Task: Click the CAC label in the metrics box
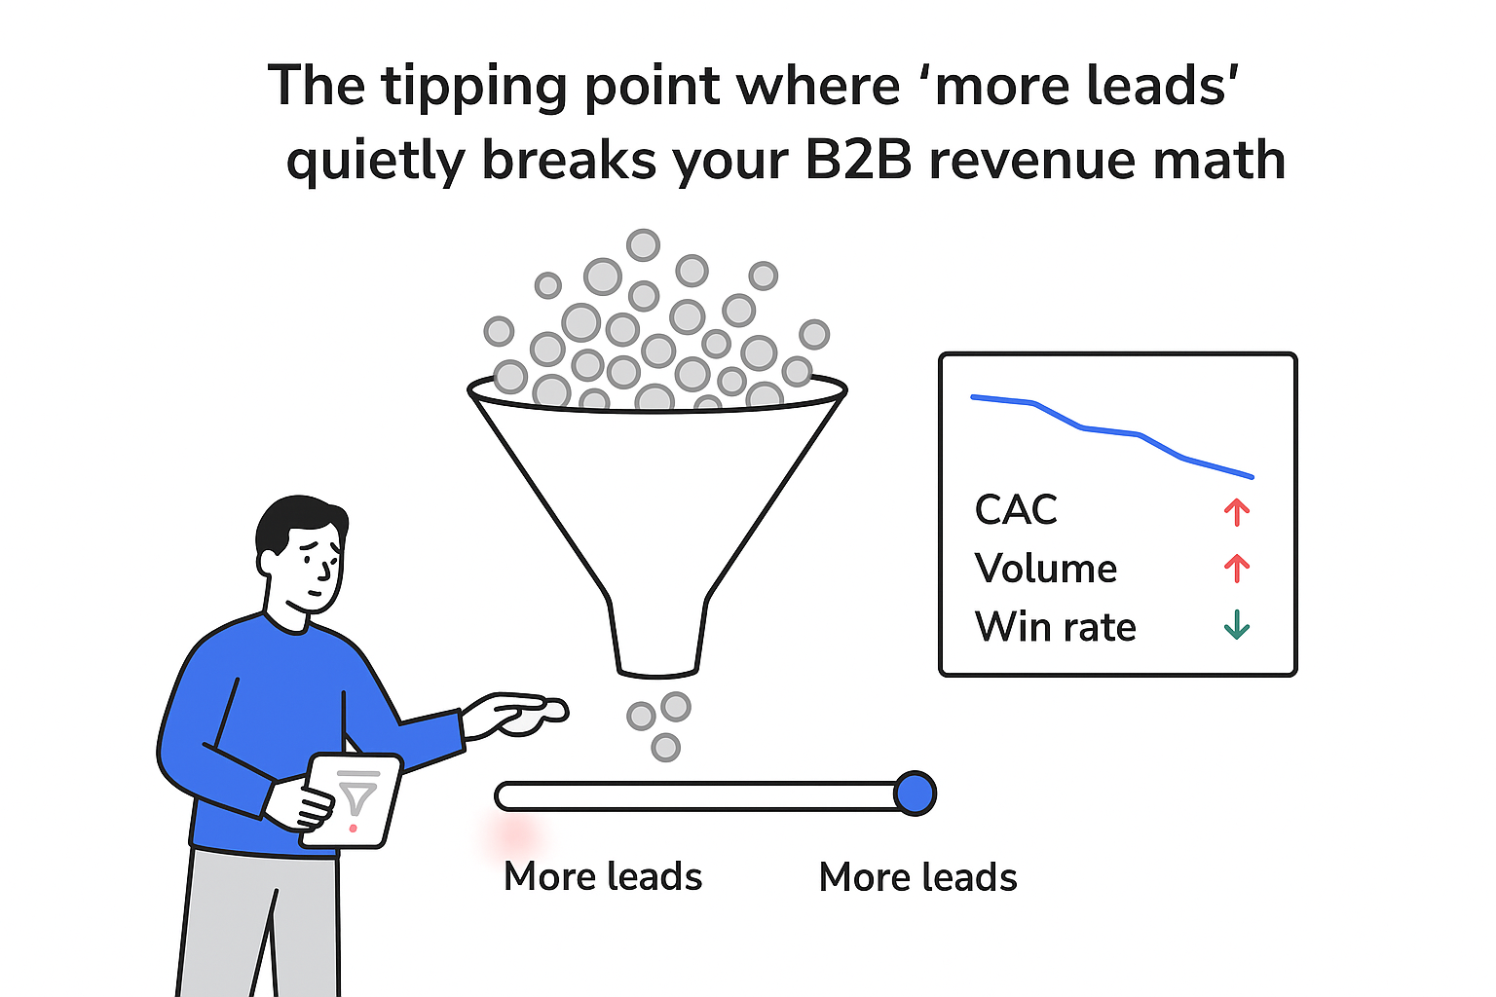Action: point(1016,510)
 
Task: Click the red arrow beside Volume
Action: point(1237,569)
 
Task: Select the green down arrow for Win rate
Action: point(1237,625)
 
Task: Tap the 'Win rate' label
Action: point(1055,627)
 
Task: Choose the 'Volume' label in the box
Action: point(1045,569)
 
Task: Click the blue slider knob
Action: point(915,794)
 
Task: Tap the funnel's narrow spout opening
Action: point(657,670)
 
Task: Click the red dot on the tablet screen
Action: point(353,829)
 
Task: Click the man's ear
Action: point(266,563)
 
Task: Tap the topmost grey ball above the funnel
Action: point(643,244)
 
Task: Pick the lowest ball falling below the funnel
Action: point(665,748)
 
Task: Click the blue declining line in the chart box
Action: point(1110,431)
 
